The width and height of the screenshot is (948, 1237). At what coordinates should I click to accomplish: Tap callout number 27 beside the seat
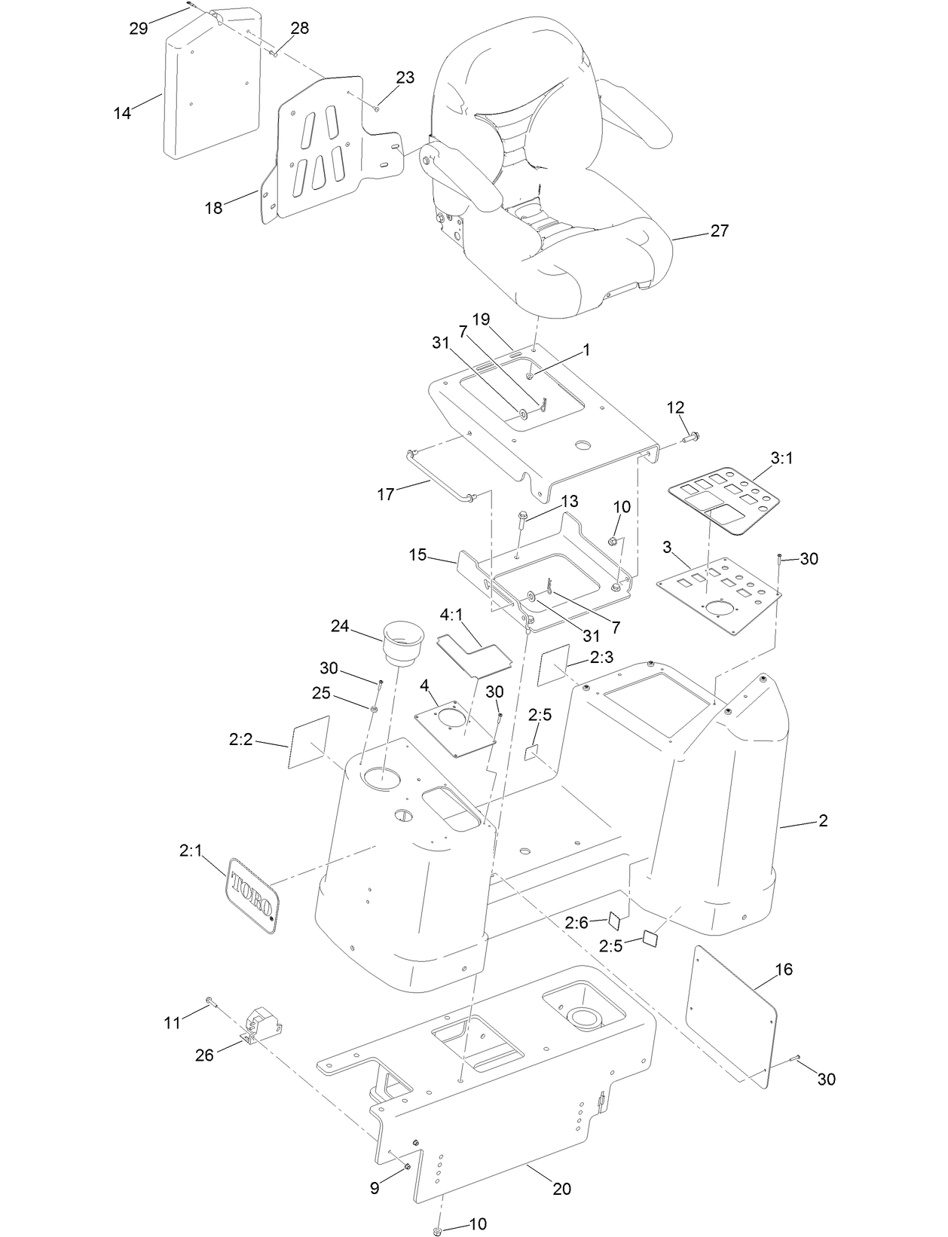pos(720,231)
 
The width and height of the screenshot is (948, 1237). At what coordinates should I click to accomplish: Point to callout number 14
pos(122,113)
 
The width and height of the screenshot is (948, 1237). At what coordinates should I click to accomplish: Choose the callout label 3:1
pos(781,457)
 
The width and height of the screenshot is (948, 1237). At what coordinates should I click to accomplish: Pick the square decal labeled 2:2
pos(310,742)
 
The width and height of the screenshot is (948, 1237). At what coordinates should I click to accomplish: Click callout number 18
pos(214,207)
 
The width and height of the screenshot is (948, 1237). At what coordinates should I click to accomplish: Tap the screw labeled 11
pos(210,1002)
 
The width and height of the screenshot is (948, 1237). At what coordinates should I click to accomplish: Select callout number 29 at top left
pos(138,29)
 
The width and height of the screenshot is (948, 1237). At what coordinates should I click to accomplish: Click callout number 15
pos(417,555)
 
